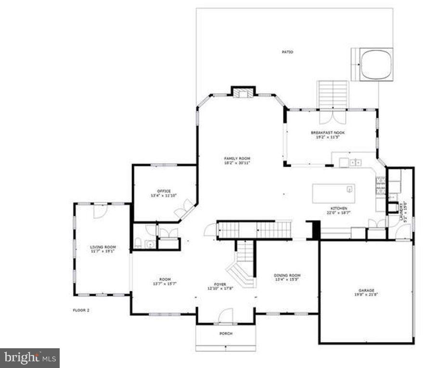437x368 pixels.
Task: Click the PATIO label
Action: [287, 52]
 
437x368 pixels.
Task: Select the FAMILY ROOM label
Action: [237, 158]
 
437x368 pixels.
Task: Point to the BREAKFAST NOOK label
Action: [328, 132]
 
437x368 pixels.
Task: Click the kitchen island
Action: [334, 193]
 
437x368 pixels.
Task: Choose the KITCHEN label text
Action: [339, 209]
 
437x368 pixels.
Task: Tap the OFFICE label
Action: [164, 191]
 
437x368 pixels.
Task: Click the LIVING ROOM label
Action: [103, 247]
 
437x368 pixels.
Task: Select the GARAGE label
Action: [366, 290]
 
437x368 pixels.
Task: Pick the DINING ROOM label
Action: [287, 276]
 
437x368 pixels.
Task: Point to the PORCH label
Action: [226, 333]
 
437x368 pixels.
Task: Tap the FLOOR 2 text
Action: [81, 310]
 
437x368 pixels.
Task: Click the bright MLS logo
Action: [30, 358]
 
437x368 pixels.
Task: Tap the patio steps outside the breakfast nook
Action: [332, 95]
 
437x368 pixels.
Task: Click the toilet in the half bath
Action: [138, 243]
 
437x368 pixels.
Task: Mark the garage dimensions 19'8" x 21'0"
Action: [366, 294]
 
